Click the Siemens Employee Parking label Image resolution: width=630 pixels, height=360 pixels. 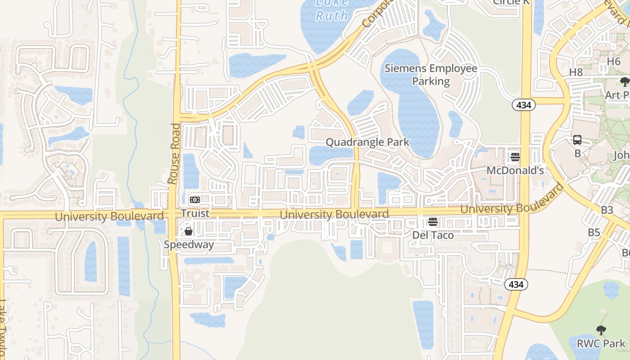pos(431,75)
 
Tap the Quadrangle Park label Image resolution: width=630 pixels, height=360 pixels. pos(367,142)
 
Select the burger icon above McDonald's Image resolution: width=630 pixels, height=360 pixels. pos(515,157)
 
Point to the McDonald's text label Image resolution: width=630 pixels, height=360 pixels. pos(515,171)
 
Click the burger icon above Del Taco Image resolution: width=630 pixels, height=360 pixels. pos(433,221)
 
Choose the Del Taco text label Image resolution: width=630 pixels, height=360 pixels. pos(433,235)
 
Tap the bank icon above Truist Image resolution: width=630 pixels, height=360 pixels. pos(195,199)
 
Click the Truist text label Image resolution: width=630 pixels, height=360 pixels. pos(195,213)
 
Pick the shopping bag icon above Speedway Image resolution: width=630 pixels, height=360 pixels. pos(189,231)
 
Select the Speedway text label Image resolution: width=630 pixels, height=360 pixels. pos(189,245)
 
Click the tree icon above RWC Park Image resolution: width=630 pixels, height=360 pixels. pos(601,330)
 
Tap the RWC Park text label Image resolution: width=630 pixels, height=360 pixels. pos(601,344)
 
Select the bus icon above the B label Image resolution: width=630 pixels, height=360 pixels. pos(577,140)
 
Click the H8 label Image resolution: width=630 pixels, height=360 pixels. pos(576,72)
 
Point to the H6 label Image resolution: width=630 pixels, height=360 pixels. pos(614,61)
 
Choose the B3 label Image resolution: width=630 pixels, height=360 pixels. pos(607,210)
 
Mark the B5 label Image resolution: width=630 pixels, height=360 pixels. pos(594,232)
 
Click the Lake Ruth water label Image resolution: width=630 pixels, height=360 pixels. pos(332,9)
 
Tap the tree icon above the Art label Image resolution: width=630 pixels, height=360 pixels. pos(624,82)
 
